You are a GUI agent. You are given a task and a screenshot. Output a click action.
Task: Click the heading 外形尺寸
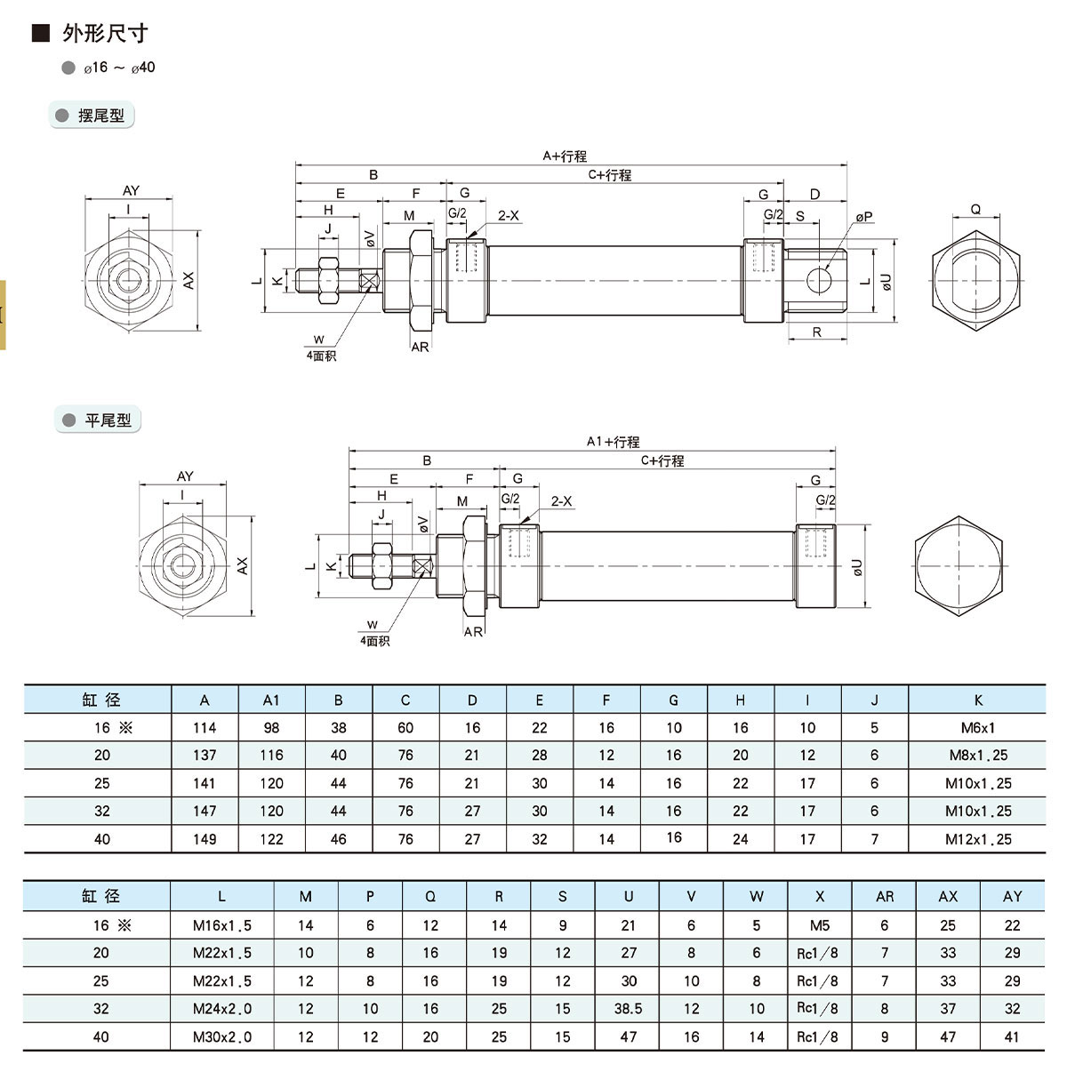tap(104, 34)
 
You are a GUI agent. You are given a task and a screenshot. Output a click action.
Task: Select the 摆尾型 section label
tap(100, 116)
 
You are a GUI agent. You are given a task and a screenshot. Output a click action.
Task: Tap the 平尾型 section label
tap(108, 420)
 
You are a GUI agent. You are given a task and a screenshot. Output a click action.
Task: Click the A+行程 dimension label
tap(565, 156)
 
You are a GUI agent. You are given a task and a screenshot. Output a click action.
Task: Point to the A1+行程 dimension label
tap(613, 442)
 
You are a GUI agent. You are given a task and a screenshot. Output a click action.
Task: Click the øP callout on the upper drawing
tap(864, 217)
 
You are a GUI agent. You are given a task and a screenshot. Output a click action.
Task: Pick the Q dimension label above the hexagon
tap(975, 210)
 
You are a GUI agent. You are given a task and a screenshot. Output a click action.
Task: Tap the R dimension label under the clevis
tap(817, 332)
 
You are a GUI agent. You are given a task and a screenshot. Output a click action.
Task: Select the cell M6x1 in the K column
tap(977, 728)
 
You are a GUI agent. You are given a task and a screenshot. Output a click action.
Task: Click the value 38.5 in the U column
tap(629, 1009)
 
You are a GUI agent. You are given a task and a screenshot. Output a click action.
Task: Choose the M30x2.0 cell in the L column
tap(221, 1036)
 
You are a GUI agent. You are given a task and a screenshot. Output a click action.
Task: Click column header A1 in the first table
tap(271, 700)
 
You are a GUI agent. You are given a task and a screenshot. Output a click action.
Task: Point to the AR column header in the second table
tap(884, 897)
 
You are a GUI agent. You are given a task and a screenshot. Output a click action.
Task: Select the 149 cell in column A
tap(205, 839)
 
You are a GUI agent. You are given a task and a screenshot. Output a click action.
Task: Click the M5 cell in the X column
tap(819, 925)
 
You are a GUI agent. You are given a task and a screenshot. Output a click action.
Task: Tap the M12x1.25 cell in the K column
tap(977, 839)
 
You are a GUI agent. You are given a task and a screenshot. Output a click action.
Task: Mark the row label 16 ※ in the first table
tap(112, 728)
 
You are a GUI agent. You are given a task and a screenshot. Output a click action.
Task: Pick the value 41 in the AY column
tap(1012, 1036)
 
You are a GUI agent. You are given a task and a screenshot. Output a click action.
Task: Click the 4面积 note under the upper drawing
tap(321, 356)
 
